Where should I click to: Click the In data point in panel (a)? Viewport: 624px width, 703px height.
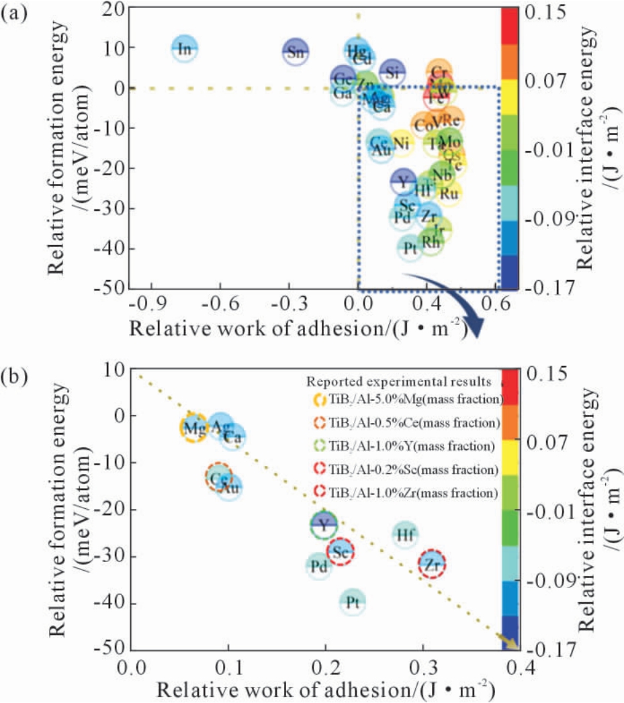(x=184, y=48)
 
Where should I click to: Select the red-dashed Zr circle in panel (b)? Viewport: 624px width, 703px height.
(x=433, y=566)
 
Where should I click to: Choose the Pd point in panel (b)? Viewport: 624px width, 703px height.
(x=320, y=567)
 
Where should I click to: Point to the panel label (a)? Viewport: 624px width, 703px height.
(x=14, y=12)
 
